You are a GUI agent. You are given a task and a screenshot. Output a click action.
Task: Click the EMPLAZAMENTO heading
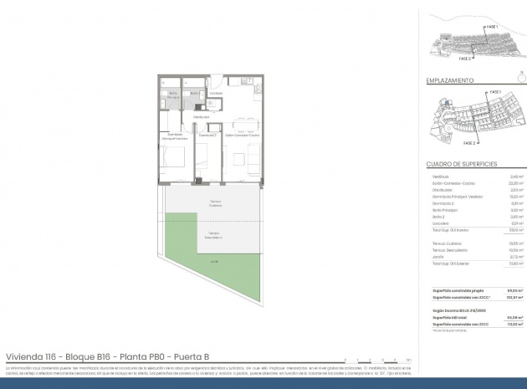pyautogui.click(x=451, y=81)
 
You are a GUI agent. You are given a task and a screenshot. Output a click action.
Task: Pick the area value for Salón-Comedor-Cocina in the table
pyautogui.click(x=493, y=183)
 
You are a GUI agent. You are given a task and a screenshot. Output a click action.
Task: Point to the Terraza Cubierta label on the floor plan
pyautogui.click(x=215, y=203)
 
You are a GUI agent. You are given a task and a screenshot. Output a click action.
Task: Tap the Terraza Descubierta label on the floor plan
pyautogui.click(x=213, y=236)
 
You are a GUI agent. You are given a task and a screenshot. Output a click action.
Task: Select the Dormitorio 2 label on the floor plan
pyautogui.click(x=207, y=134)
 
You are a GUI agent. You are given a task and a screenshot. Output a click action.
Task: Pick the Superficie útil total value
pyautogui.click(x=493, y=317)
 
